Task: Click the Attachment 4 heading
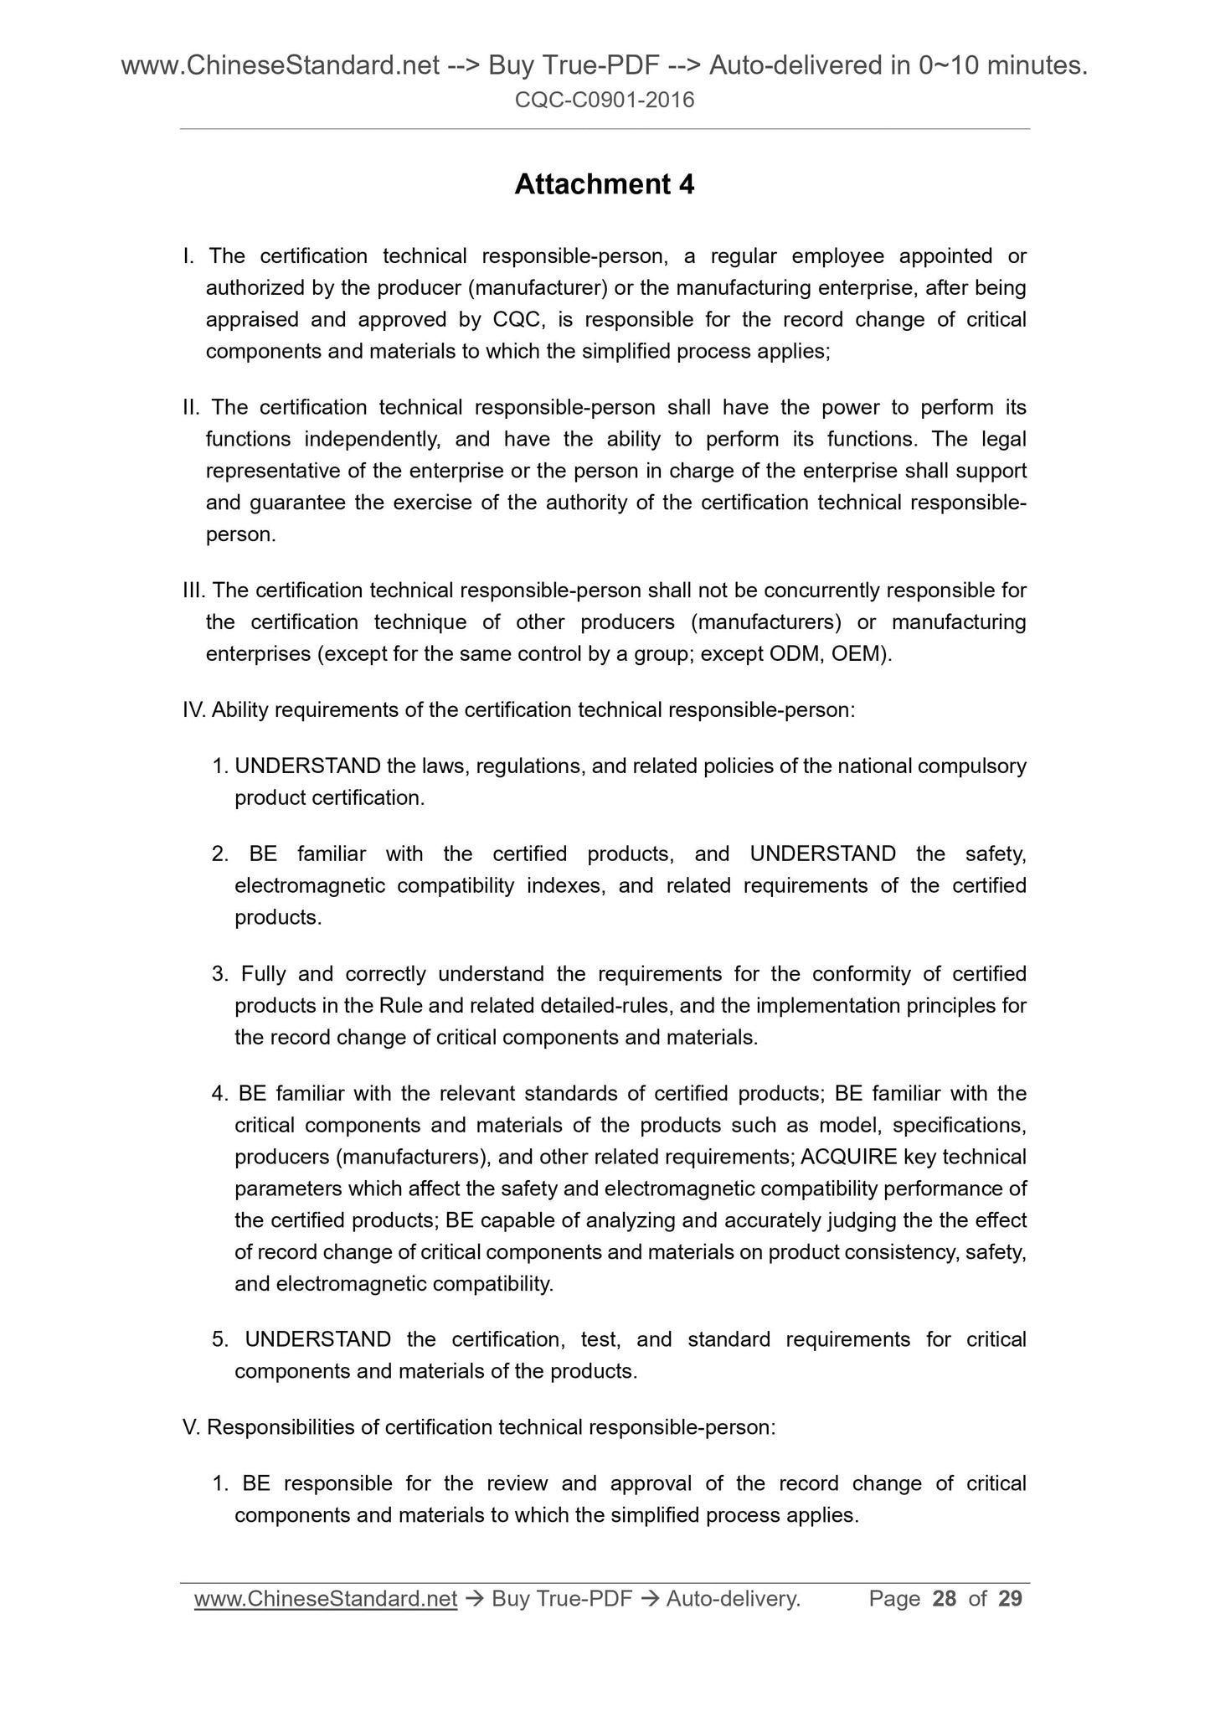click(604, 184)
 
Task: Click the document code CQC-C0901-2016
click(604, 101)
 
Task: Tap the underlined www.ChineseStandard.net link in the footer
click(325, 1599)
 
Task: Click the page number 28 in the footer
click(944, 1599)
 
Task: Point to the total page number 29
click(1010, 1599)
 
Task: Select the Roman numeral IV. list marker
click(194, 710)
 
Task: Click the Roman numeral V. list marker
click(191, 1427)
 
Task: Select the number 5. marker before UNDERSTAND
click(220, 1339)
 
